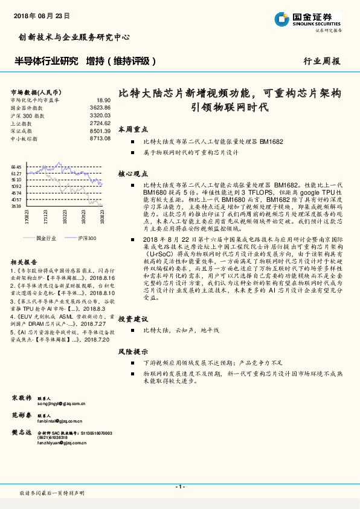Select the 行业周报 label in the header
tap(321, 62)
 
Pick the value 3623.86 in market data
tap(100, 107)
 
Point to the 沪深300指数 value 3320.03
tap(100, 115)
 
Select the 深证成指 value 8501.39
tap(100, 131)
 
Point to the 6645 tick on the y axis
tap(16, 167)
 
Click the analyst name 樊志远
tap(21, 432)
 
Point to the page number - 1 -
tap(179, 487)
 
